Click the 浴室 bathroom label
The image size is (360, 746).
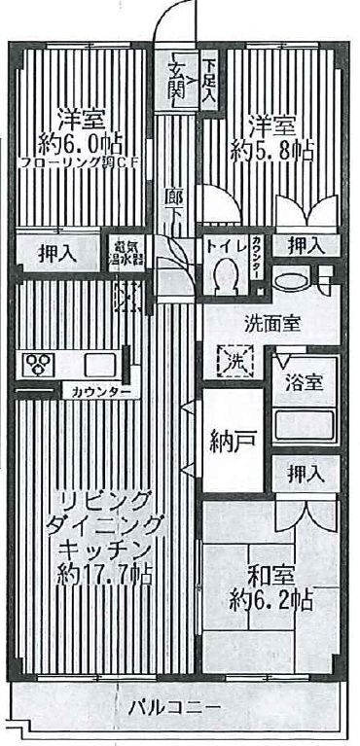tap(302, 382)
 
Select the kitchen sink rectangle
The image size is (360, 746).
tap(101, 365)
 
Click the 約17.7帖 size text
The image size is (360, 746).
tap(105, 574)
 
